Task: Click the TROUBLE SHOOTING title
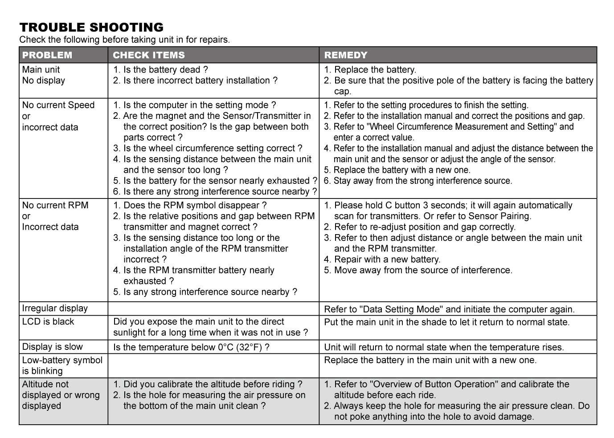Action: tap(91, 27)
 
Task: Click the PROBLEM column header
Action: tap(47, 55)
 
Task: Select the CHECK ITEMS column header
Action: tap(148, 55)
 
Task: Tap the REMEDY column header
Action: tap(346, 55)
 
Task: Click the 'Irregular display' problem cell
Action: tap(55, 308)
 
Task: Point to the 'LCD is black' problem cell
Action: tap(48, 321)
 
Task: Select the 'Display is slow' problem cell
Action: tap(52, 347)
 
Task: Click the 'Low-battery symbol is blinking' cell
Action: tap(62, 365)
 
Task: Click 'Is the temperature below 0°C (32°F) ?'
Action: tap(191, 347)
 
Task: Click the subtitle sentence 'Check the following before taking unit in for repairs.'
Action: tap(125, 40)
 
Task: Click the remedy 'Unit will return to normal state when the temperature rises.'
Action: tap(444, 347)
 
